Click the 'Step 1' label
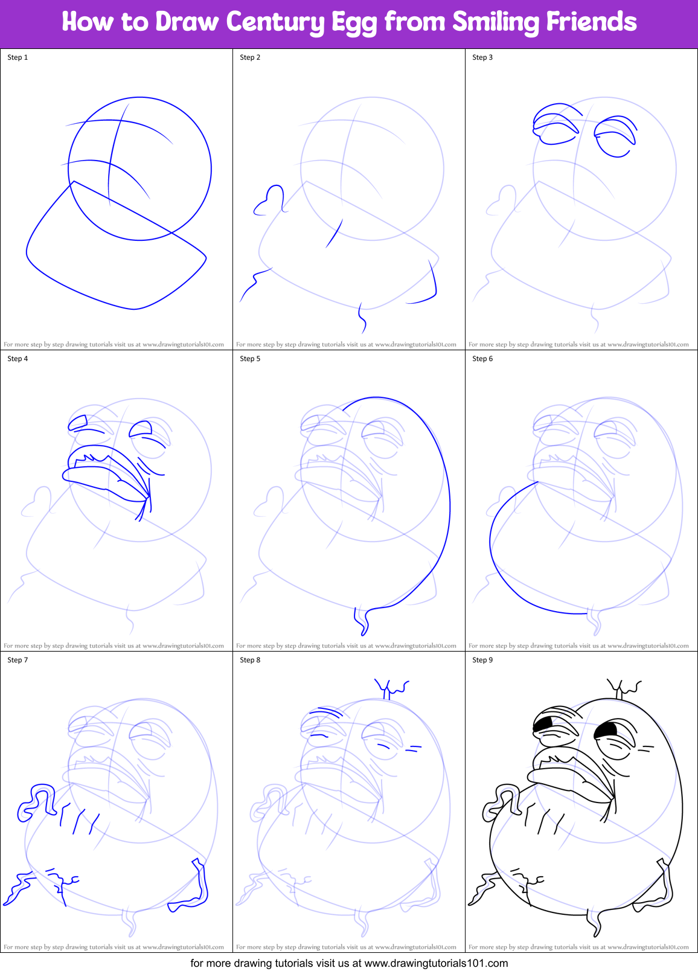18,57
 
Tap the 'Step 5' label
250,359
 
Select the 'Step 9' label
482,660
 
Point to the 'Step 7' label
18,660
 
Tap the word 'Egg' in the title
360,23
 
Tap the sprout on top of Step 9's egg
623,688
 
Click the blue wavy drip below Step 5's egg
362,621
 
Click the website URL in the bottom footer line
436,963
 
